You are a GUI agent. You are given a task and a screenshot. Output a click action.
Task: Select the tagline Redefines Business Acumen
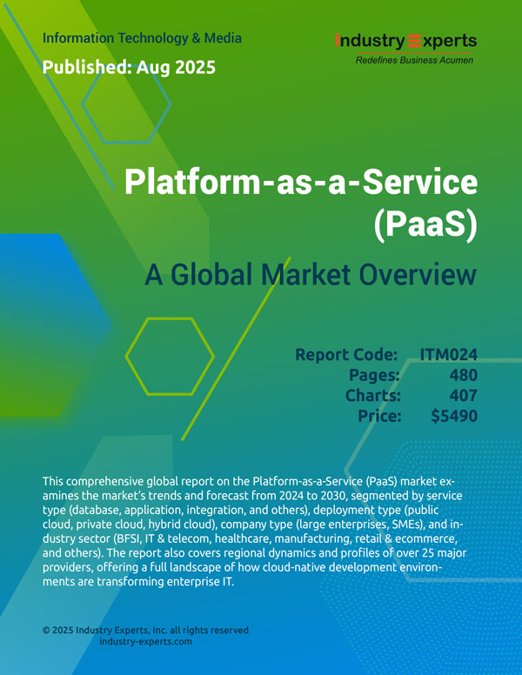pyautogui.click(x=414, y=60)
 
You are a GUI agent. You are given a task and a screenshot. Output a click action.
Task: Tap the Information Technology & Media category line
pyautogui.click(x=142, y=38)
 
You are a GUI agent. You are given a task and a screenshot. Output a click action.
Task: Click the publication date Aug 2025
pyautogui.click(x=176, y=67)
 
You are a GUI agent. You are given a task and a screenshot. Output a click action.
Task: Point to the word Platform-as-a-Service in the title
pyautogui.click(x=301, y=182)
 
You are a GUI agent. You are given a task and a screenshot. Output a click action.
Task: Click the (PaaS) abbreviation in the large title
pyautogui.click(x=425, y=224)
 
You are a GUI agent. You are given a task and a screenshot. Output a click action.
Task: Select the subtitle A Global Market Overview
pyautogui.click(x=311, y=274)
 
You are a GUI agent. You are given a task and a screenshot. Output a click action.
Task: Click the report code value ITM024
pyautogui.click(x=449, y=355)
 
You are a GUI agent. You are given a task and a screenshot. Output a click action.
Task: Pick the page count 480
pyautogui.click(x=464, y=375)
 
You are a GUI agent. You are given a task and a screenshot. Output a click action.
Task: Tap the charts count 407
pyautogui.click(x=464, y=395)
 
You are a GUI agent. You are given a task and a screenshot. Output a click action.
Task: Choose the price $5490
pyautogui.click(x=454, y=416)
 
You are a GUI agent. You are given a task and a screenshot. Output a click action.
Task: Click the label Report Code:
pyautogui.click(x=346, y=355)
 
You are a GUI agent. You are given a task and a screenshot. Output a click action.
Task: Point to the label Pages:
pyautogui.click(x=374, y=376)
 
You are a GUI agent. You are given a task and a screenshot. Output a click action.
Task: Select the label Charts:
pyautogui.click(x=373, y=395)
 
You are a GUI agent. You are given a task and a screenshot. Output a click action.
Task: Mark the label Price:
pyautogui.click(x=379, y=416)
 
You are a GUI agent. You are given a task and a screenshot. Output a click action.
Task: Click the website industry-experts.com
pyautogui.click(x=145, y=641)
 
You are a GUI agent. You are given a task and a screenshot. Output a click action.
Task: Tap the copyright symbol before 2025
pyautogui.click(x=46, y=631)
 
